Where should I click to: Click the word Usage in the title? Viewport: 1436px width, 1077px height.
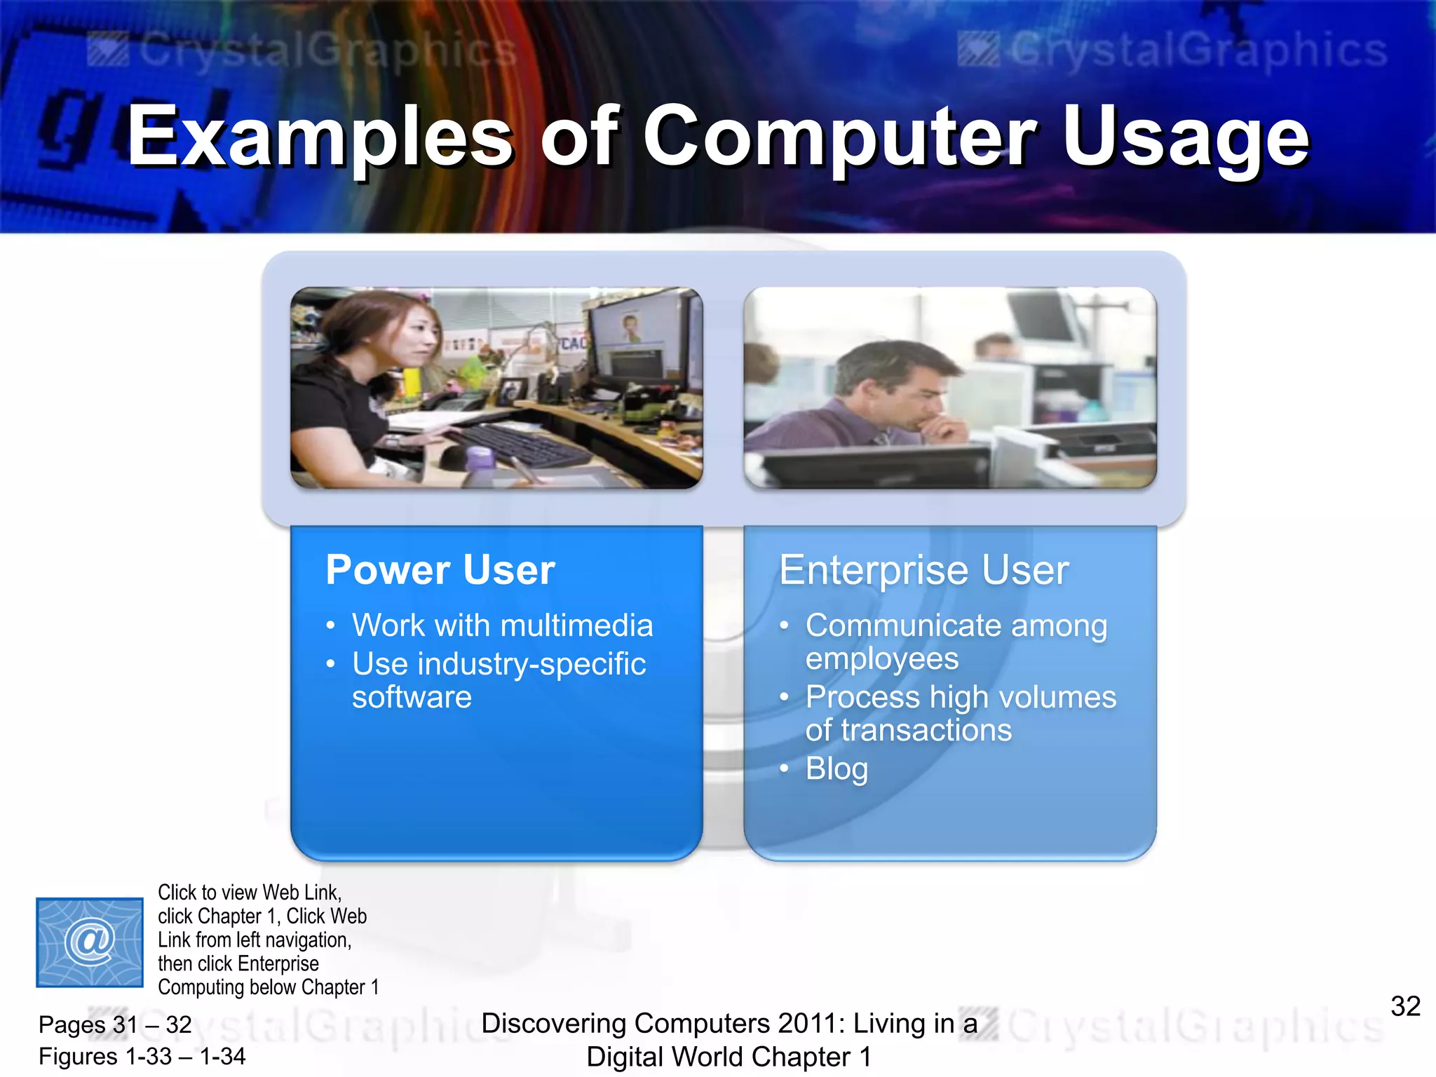pos(1185,137)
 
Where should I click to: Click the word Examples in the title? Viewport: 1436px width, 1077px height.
pos(320,137)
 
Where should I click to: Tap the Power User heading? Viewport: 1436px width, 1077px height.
pos(440,569)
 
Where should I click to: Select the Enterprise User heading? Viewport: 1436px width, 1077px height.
pos(923,569)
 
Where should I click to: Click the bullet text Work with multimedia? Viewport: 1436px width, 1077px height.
pos(502,625)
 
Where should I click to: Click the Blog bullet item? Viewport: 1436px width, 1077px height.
pos(836,768)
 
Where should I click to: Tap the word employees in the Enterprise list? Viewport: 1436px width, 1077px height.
pos(881,658)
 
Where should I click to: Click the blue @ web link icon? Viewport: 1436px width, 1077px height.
pos(90,942)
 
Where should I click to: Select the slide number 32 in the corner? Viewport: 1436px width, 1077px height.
pos(1405,1006)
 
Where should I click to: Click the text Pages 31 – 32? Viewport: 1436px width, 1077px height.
pos(115,1024)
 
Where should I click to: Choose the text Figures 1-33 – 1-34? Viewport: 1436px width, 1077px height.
pos(142,1056)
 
